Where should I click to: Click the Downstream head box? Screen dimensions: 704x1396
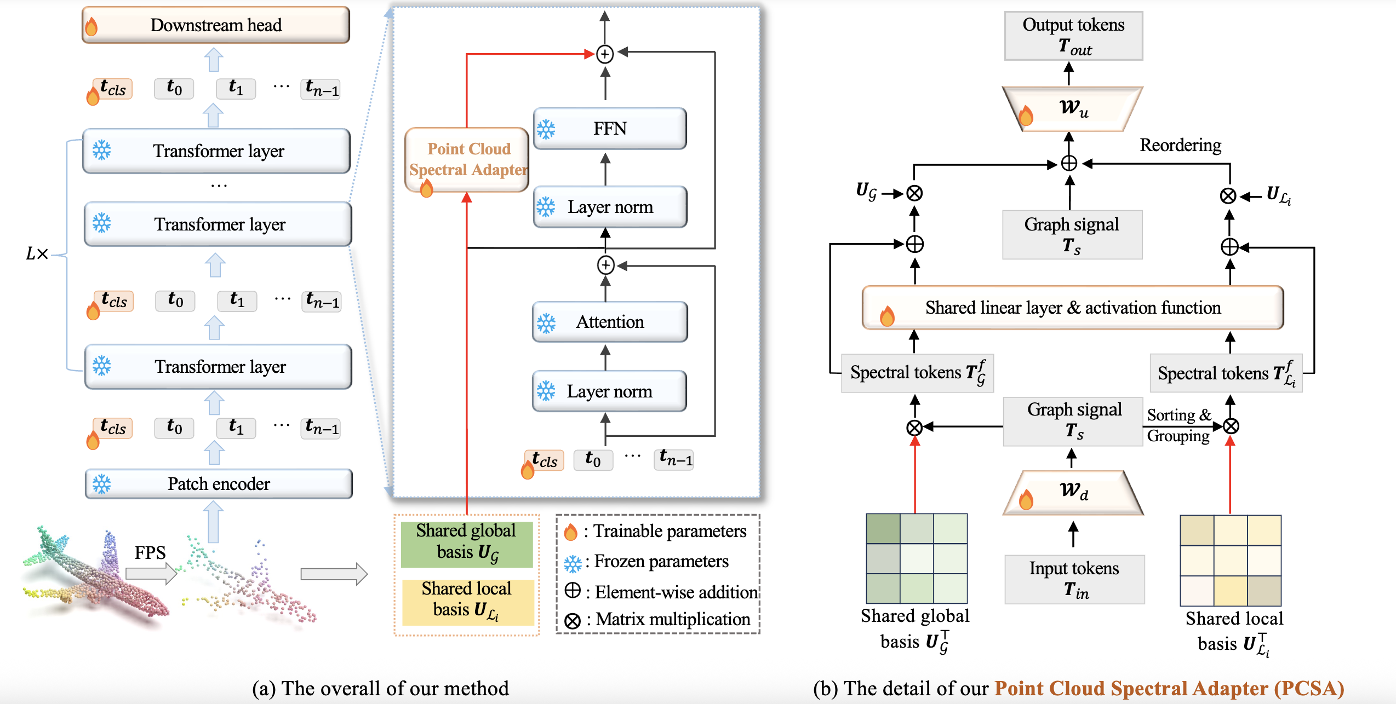coord(215,25)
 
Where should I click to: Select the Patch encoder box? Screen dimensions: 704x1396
coord(219,484)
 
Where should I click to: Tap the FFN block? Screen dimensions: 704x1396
coord(610,129)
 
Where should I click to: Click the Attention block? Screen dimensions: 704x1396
coord(610,322)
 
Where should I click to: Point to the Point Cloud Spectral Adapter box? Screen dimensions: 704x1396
coord(467,159)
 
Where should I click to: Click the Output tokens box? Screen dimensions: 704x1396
coord(1073,36)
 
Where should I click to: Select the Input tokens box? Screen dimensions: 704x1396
coord(1074,579)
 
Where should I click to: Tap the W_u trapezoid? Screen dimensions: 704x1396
coord(1072,108)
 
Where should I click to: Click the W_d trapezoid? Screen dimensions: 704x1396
coord(1073,493)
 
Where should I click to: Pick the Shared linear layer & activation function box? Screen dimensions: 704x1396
coord(1072,308)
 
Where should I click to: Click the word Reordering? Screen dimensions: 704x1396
coord(1180,145)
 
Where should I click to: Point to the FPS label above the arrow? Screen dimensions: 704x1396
coord(150,552)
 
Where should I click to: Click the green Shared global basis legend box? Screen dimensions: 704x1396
coord(466,544)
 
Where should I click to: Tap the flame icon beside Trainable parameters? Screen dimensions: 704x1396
coord(570,532)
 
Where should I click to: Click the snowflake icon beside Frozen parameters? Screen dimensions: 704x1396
coord(573,563)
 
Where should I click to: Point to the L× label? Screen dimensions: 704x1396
coord(37,253)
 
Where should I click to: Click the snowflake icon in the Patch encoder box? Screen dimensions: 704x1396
coord(102,484)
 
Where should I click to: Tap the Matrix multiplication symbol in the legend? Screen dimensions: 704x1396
coord(573,621)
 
